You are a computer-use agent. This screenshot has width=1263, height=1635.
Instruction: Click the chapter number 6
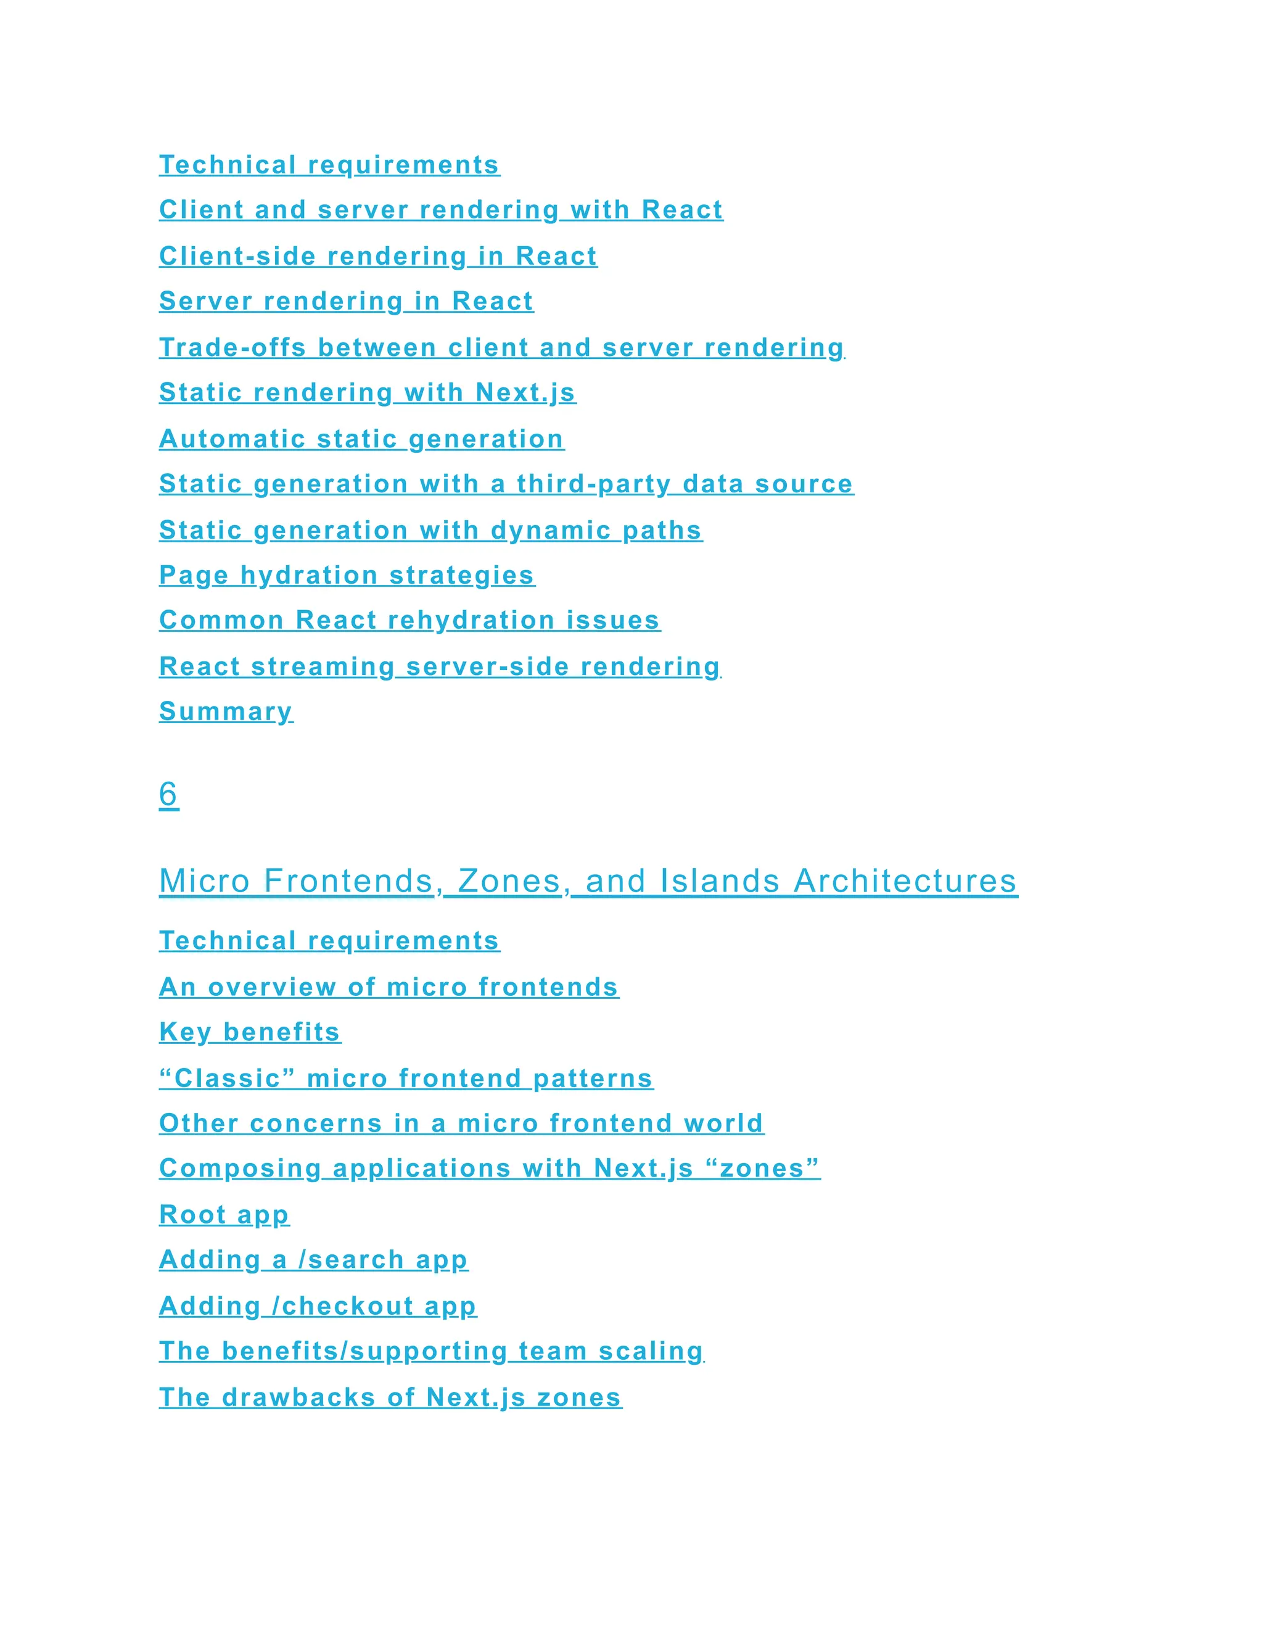point(168,793)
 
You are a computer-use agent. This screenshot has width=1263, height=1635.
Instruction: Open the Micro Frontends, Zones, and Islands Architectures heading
point(588,881)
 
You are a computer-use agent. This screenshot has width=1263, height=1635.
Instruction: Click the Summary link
point(226,711)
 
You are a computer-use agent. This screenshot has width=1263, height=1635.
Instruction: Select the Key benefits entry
point(250,1032)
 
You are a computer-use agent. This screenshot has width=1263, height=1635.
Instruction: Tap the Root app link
point(224,1214)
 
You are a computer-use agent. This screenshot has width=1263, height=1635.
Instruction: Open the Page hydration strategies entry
point(347,575)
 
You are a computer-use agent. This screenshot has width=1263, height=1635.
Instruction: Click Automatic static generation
point(361,439)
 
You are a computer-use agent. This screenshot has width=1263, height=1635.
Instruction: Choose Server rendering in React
point(347,301)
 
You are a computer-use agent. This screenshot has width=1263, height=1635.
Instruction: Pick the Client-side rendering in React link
point(378,256)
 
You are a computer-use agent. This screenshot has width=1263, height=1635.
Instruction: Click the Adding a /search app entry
point(313,1259)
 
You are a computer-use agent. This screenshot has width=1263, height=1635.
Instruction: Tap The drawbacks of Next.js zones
point(390,1397)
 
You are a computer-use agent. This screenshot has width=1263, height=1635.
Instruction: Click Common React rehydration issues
point(409,620)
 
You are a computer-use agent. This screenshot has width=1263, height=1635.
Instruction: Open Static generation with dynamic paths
point(431,530)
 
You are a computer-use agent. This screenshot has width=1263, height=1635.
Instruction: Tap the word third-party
point(593,484)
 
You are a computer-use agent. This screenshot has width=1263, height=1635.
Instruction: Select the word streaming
point(323,666)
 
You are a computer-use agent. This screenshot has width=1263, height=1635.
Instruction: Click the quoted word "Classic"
point(228,1078)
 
